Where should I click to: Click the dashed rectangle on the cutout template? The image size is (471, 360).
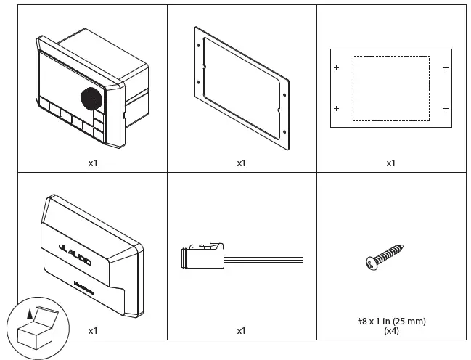tap(390, 88)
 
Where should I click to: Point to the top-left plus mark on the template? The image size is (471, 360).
tap(336, 67)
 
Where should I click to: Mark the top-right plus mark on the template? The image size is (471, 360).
tap(445, 67)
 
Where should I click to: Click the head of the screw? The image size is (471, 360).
tap(369, 263)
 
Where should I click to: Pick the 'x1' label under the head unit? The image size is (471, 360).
tap(93, 163)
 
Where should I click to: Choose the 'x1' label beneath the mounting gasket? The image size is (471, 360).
tap(241, 163)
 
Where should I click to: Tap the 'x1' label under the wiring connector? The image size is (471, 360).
tap(241, 330)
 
